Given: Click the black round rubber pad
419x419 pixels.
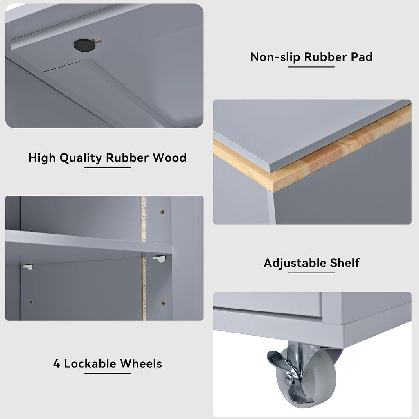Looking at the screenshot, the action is (84, 45).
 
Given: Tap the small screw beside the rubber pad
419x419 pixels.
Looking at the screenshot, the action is (97, 41).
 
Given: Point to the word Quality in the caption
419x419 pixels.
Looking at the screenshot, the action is (81, 158).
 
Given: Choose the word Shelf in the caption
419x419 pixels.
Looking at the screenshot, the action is (345, 263).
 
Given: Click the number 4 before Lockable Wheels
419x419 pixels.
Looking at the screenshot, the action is (56, 364).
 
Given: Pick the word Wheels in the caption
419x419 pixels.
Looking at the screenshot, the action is (141, 364).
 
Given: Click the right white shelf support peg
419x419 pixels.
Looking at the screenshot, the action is (160, 259).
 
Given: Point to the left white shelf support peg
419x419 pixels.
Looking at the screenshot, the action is (28, 267).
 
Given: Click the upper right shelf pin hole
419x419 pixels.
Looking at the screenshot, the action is (162, 212).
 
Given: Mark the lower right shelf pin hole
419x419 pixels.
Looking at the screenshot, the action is (163, 304).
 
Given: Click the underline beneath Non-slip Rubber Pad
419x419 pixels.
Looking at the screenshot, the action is (311, 67).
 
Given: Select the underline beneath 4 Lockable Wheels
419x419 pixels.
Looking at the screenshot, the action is (108, 373).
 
